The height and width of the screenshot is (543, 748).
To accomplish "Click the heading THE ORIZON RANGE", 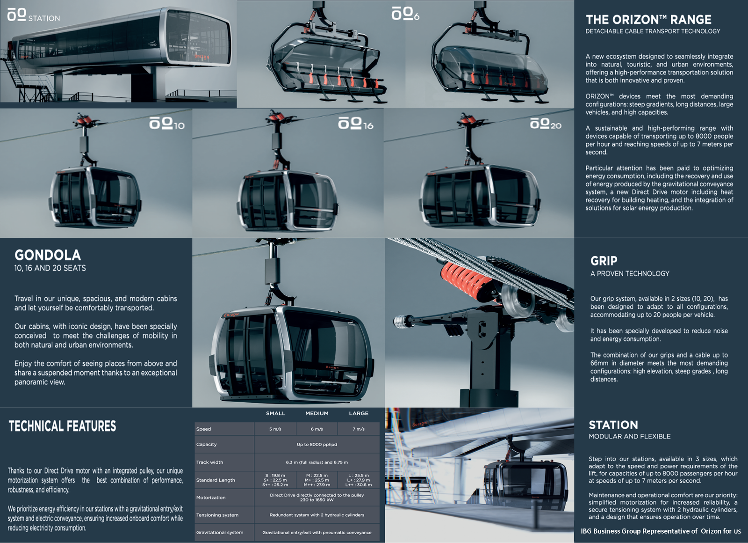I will [648, 20].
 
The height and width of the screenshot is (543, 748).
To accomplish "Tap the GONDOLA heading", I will [48, 255].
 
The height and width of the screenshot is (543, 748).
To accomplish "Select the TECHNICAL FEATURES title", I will [62, 426].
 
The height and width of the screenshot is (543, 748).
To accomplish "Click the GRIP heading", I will [604, 261].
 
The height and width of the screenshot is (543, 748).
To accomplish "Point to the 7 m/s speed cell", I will [359, 429].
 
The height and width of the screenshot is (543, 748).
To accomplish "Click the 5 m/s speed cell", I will [275, 429].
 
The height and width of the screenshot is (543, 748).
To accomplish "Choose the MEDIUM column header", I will [316, 413].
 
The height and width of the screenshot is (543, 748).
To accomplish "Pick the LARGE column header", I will [359, 413].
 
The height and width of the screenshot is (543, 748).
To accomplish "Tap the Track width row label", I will [209, 462].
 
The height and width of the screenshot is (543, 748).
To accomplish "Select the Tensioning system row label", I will [217, 515].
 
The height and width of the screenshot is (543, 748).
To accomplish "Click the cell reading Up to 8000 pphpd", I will [316, 445].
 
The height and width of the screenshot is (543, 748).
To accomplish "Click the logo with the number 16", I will [355, 124].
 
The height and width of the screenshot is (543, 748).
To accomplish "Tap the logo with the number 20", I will [545, 124].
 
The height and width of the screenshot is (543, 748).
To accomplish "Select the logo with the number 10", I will [167, 124].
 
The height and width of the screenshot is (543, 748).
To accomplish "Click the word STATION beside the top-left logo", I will [44, 18].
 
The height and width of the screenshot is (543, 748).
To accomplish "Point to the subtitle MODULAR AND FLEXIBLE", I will [629, 436].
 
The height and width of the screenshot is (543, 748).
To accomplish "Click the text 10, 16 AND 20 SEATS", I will [50, 268].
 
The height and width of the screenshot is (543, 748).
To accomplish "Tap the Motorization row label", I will [210, 498].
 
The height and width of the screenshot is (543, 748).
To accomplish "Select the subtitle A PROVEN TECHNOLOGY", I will [629, 273].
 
